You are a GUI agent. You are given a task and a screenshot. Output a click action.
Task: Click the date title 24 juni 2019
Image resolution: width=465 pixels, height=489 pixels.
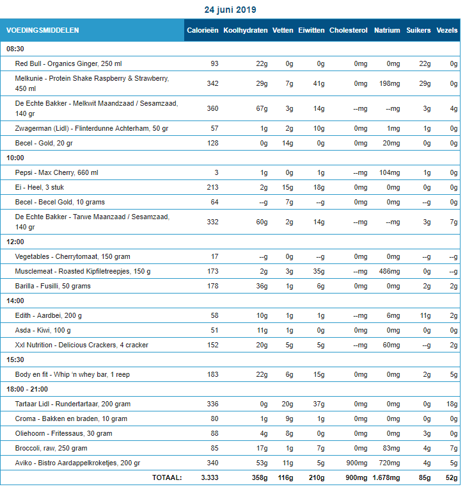pos(230,10)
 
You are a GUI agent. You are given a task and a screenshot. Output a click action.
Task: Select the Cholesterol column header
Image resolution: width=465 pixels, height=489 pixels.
pos(348,30)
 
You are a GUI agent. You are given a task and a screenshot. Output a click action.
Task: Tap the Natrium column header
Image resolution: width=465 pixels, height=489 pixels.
pos(387,30)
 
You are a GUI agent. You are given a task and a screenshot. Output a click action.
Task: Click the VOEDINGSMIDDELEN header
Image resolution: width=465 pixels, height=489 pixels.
pos(43,30)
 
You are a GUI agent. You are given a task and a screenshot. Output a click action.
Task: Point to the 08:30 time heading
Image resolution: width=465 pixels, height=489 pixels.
pos(15,49)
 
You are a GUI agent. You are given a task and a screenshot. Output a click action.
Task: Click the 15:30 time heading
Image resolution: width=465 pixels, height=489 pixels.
pos(15,360)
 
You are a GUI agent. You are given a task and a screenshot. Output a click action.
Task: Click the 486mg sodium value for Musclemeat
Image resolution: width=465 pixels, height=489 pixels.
pos(389,271)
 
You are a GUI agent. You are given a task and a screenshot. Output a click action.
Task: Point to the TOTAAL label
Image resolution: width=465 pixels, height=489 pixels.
pos(166,477)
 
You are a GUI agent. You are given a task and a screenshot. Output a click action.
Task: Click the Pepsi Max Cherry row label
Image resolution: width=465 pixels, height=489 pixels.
pos(56,172)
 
